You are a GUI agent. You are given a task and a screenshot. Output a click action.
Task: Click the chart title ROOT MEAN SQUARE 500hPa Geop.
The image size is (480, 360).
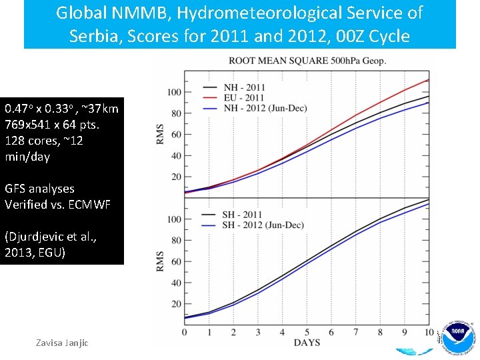pyautogui.click(x=307, y=61)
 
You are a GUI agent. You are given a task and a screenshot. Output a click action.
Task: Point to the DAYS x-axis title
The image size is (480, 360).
pyautogui.click(x=306, y=343)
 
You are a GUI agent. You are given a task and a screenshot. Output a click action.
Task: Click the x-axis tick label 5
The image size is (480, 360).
pyautogui.click(x=307, y=332)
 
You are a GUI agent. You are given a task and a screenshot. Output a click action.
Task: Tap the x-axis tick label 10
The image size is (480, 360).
pyautogui.click(x=429, y=332)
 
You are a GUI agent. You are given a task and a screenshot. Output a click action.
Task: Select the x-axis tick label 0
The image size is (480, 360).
pyautogui.click(x=185, y=332)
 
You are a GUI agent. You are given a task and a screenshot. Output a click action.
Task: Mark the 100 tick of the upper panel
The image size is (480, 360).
pyautogui.click(x=175, y=92)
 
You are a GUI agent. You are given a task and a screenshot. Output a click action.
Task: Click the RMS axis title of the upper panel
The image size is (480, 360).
pyautogui.click(x=160, y=134)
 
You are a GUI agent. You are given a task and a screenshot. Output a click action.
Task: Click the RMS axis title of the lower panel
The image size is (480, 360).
pyautogui.click(x=160, y=261)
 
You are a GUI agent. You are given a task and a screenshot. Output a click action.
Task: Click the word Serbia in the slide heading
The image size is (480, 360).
pyautogui.click(x=91, y=35)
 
